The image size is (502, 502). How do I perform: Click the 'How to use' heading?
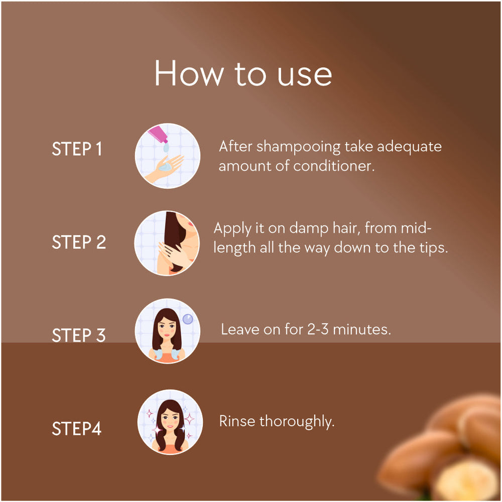point(243,73)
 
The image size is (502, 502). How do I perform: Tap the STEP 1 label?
point(77,149)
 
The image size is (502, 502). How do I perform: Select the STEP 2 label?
point(79,242)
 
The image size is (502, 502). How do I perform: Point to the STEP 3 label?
point(79,335)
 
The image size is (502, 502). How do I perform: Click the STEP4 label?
point(77,428)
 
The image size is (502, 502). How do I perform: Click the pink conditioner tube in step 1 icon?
point(158,135)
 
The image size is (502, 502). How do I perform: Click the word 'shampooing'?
point(298,148)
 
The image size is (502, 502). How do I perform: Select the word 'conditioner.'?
point(334,166)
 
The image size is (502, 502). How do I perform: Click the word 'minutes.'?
point(362,329)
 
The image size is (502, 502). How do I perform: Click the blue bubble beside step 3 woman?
point(188,319)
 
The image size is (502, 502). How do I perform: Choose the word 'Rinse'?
point(237,421)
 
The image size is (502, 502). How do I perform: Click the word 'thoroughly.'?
point(297,422)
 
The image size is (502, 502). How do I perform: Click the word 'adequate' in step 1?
point(409,147)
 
